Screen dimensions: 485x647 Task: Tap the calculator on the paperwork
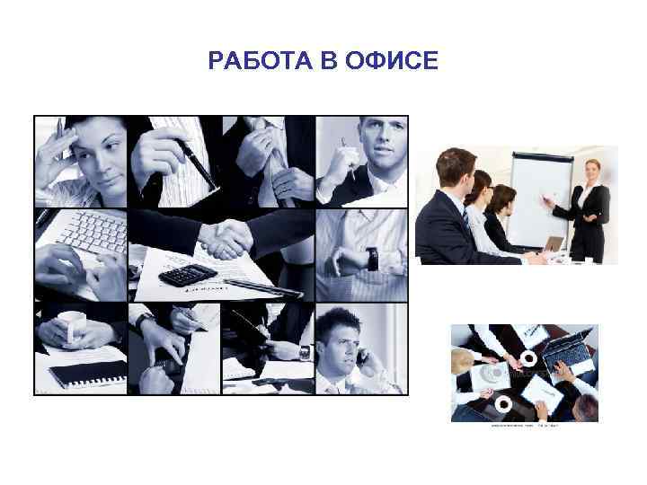click(x=188, y=274)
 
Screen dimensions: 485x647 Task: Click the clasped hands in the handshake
click(x=224, y=239)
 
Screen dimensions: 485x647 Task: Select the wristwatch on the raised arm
click(x=371, y=260)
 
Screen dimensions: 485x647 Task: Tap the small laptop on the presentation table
click(x=555, y=244)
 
